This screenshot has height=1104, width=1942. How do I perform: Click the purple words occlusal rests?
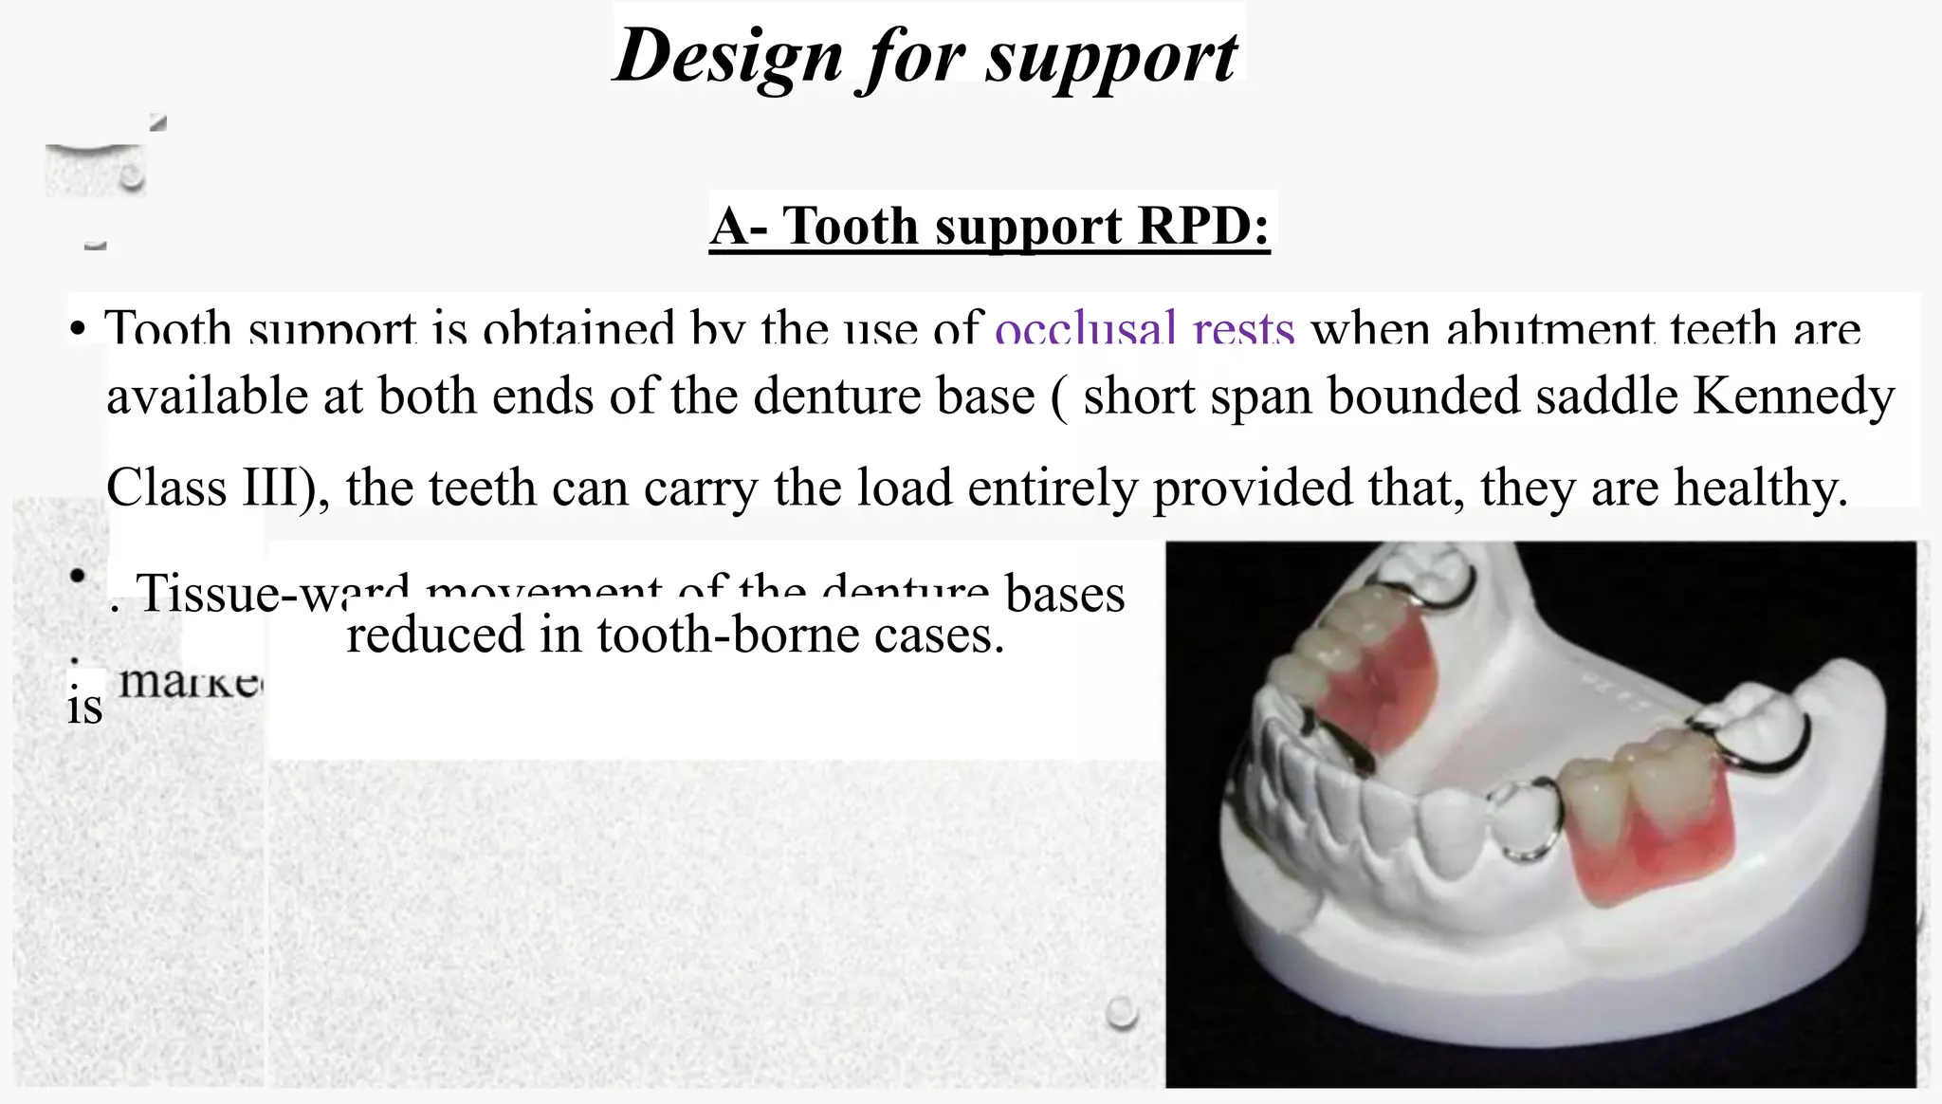click(1145, 328)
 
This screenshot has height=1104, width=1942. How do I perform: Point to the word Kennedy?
click(1793, 396)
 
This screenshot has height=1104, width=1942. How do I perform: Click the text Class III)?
click(217, 488)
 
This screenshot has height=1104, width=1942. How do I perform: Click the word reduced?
click(434, 635)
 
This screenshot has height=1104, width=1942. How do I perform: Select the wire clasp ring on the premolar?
click(1522, 823)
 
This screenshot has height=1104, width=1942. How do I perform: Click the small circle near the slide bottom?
click(1121, 1012)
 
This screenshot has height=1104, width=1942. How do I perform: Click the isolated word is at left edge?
click(84, 708)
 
